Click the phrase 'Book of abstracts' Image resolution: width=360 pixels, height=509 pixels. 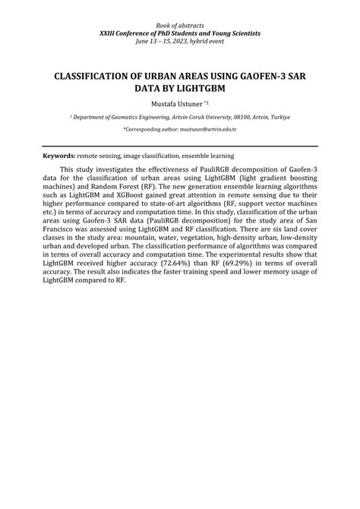pyautogui.click(x=180, y=26)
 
